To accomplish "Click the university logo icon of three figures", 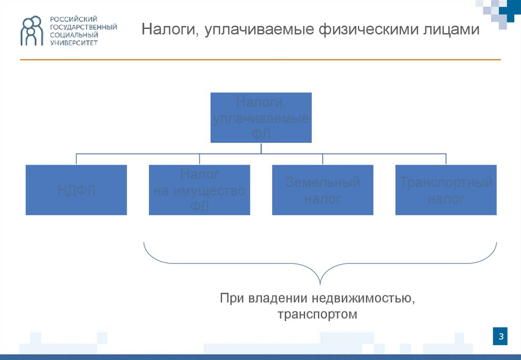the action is (32, 31).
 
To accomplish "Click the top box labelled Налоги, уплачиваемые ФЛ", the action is (261, 117).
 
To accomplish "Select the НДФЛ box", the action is (76, 190).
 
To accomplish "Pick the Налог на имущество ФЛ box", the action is (199, 190).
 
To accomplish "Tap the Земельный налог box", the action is (323, 190).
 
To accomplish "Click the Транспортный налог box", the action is (446, 190).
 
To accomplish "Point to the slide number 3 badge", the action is (501, 336).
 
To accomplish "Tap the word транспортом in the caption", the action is (317, 314).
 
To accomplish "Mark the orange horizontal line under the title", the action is (260, 60).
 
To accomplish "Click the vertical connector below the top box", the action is (261, 148).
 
